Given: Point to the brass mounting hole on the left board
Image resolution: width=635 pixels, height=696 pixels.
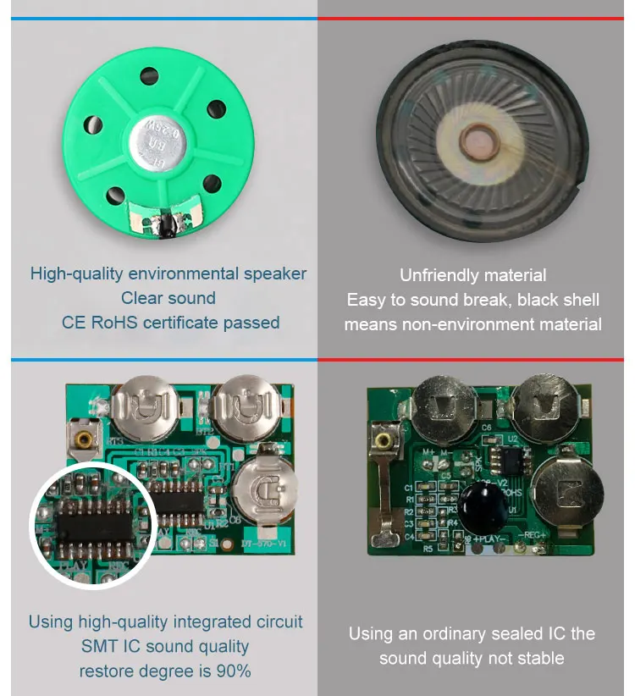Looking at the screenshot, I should pos(82,439).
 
